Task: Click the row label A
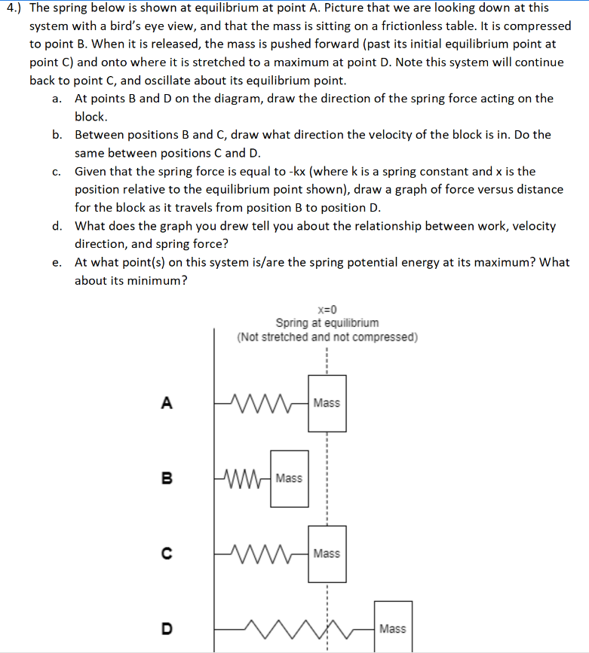point(167,403)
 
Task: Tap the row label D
point(167,628)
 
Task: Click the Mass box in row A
point(327,403)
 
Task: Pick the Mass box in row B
point(290,478)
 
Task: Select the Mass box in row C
point(327,554)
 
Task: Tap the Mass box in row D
point(392,627)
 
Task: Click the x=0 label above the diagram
point(327,309)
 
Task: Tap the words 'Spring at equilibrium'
point(327,322)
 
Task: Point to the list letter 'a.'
point(57,99)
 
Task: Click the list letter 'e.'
point(57,262)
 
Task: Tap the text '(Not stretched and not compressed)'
point(327,336)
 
